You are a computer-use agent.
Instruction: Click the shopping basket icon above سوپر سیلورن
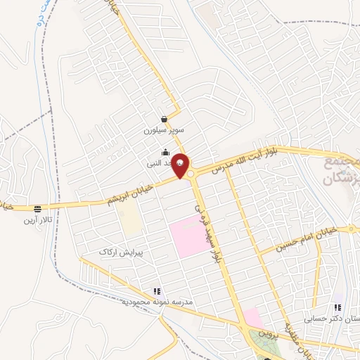[x=164, y=119]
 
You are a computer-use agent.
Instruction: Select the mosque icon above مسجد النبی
[x=165, y=152]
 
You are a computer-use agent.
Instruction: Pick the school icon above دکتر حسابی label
[x=337, y=307]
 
